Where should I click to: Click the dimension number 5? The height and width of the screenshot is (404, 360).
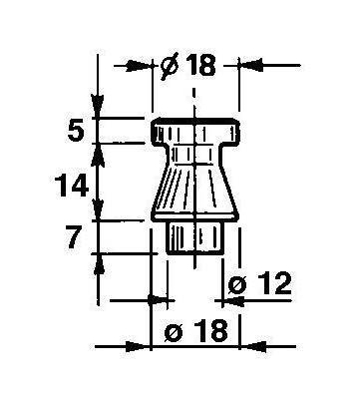76,131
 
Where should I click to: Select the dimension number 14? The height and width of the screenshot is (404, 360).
72,186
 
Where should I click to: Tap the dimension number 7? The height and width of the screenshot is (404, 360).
75,237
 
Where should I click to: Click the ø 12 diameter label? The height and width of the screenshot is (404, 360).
260,283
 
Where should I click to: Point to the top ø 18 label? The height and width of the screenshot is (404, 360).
188,65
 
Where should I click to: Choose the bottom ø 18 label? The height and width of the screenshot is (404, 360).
196,330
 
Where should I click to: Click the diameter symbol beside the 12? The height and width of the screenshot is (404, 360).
238,285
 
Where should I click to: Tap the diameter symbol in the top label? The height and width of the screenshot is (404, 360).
170,66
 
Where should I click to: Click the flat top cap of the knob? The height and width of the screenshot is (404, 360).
195,131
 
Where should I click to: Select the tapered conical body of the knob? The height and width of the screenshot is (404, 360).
195,192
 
